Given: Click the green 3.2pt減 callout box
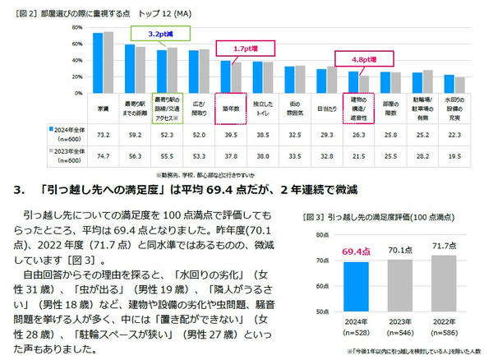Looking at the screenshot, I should [x=158, y=35].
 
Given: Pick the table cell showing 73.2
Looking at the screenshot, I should [x=104, y=133].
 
